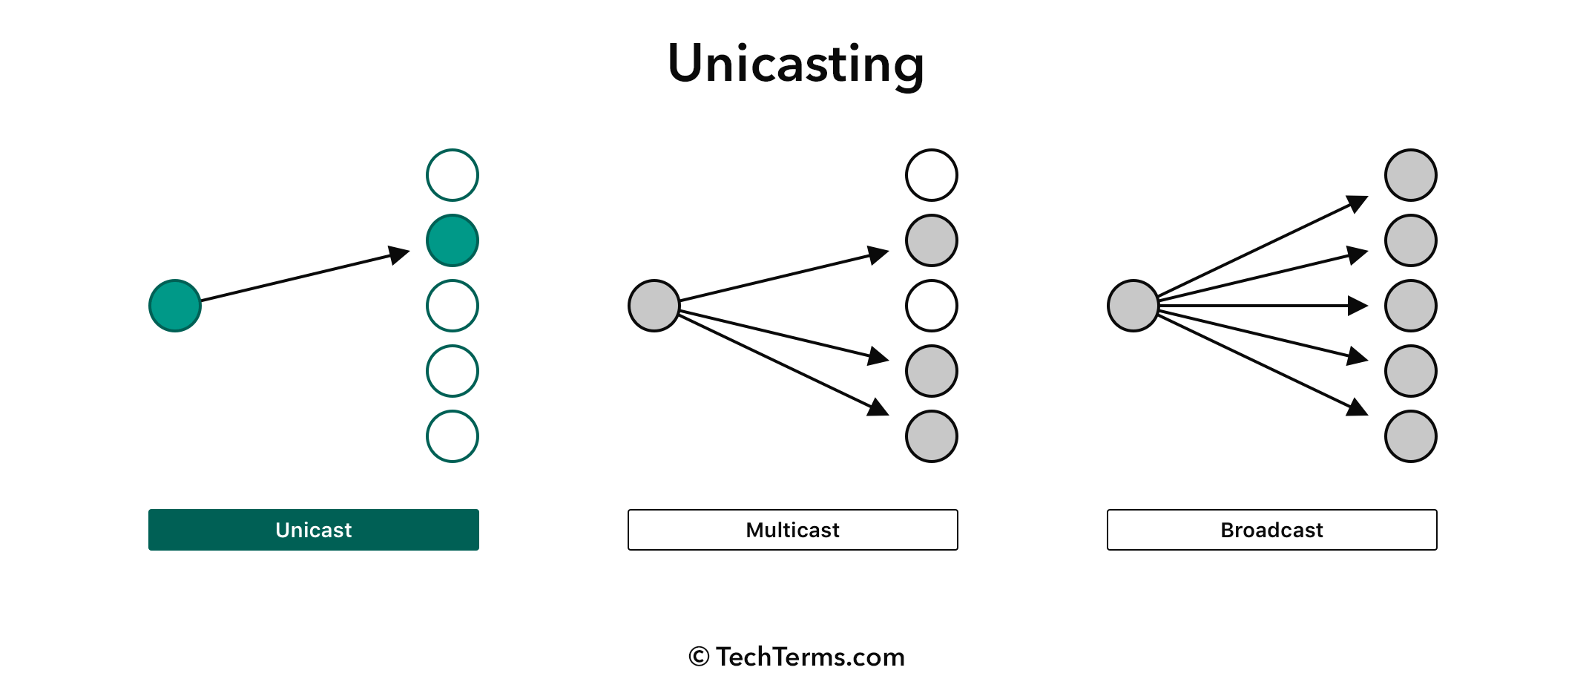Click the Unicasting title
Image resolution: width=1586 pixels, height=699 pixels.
point(795,65)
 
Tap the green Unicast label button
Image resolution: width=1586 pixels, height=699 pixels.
point(314,530)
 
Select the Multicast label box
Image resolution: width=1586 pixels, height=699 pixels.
point(793,530)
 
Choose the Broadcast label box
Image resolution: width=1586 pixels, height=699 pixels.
point(1272,530)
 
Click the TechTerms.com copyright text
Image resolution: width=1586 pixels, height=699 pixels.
point(797,657)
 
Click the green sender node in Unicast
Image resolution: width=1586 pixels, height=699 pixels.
point(175,306)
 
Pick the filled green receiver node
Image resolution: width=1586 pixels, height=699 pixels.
point(453,240)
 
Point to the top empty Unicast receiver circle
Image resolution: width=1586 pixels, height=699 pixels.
point(453,150)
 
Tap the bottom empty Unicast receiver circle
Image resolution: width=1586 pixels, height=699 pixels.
point(453,411)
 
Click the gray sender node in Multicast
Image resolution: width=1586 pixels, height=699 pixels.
point(654,306)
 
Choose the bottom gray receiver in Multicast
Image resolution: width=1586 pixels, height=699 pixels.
point(932,436)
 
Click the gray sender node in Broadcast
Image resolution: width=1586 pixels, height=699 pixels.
point(1133,306)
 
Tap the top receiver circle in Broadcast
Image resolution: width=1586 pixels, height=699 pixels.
point(1411,175)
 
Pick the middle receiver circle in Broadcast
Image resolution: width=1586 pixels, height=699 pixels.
point(1411,306)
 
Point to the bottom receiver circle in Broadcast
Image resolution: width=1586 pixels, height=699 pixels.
point(1411,436)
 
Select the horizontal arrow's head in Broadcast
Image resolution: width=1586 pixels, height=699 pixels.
point(1359,306)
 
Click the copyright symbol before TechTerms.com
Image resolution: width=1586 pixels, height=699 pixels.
point(699,657)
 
